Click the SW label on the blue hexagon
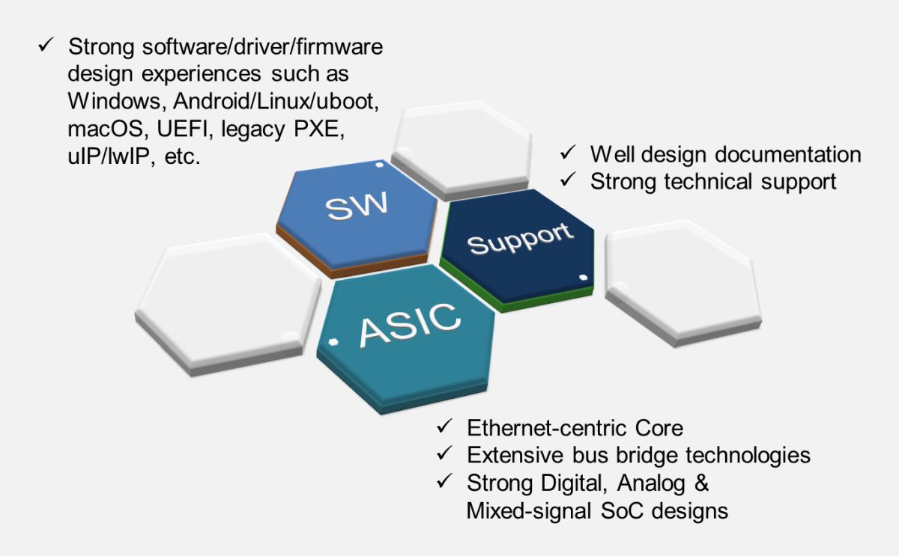pos(357,205)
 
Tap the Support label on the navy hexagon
pos(521,239)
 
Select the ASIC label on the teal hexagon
pos(410,325)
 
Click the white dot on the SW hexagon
pos(379,165)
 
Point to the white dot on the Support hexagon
pos(584,277)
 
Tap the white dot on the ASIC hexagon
pos(333,342)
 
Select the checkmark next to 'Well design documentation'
pos(568,153)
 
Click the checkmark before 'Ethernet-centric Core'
pos(445,426)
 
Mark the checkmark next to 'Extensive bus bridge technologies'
pos(445,453)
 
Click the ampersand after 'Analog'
pos(701,483)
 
